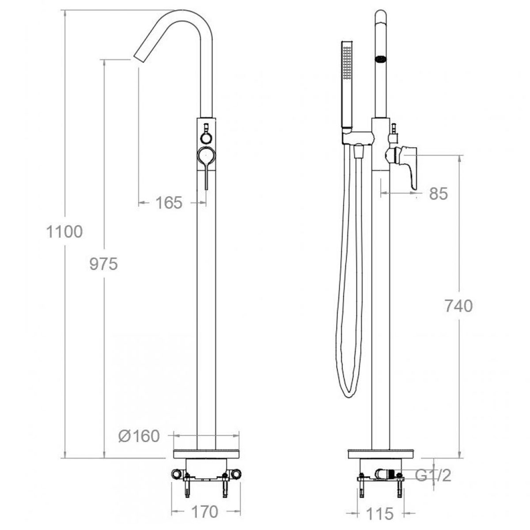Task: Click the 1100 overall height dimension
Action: pyautogui.click(x=64, y=231)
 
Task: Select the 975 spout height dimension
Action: pyautogui.click(x=103, y=264)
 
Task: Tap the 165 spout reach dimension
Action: pyautogui.click(x=168, y=203)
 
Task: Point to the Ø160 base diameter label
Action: pyautogui.click(x=139, y=436)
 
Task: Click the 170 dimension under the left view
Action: pyautogui.click(x=205, y=511)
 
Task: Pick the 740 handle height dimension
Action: pyautogui.click(x=458, y=306)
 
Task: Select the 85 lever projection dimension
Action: pyautogui.click(x=438, y=193)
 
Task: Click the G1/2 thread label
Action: pyautogui.click(x=434, y=475)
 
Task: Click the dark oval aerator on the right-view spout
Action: pyautogui.click(x=380, y=58)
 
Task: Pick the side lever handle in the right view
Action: pyautogui.click(x=409, y=166)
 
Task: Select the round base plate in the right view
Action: pyautogui.click(x=381, y=454)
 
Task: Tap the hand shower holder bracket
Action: pyautogui.click(x=358, y=138)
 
